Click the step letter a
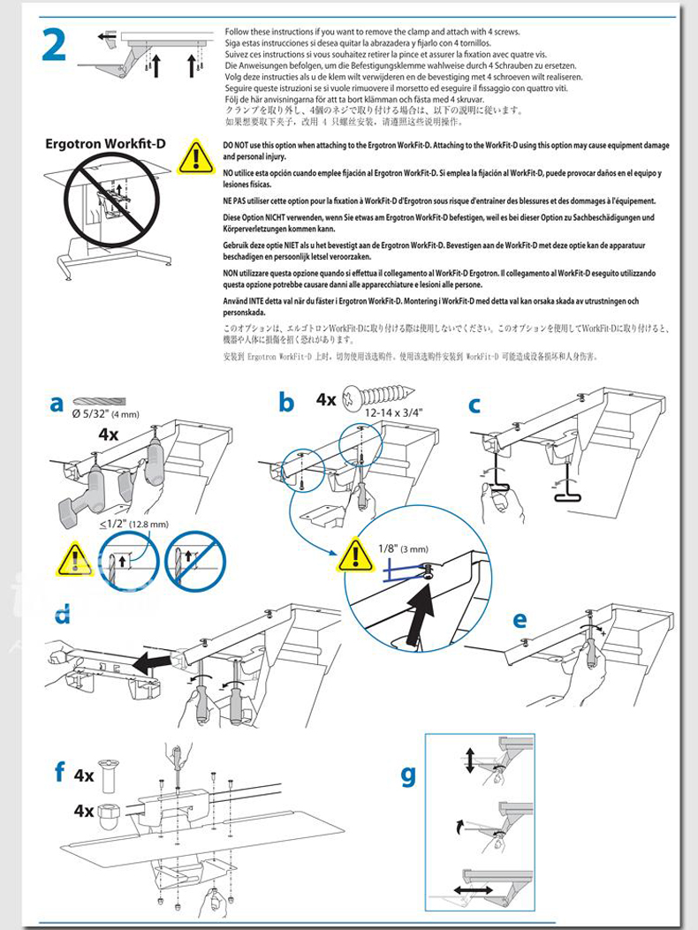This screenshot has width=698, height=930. [x=57, y=404]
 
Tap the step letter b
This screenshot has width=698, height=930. [x=285, y=404]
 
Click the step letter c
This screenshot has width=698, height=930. [x=474, y=405]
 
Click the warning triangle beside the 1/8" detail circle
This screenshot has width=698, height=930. [x=355, y=554]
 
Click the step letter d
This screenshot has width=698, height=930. [x=61, y=615]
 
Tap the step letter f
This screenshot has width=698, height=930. [x=59, y=772]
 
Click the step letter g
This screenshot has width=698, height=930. [x=407, y=775]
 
